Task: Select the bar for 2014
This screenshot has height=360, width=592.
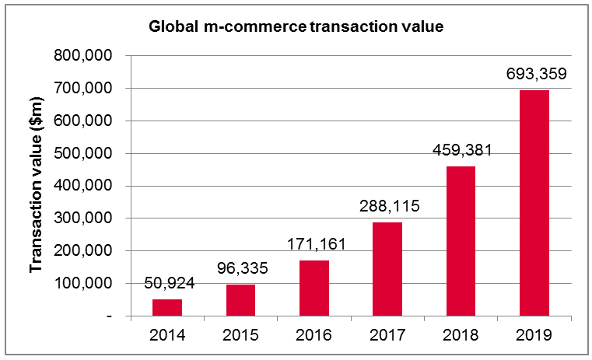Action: [x=167, y=308]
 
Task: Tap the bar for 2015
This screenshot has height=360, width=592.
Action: [x=240, y=300]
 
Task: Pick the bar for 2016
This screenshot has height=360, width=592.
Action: [x=314, y=288]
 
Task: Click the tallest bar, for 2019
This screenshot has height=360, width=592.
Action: [x=534, y=203]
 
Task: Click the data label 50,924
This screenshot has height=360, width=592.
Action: [x=167, y=283]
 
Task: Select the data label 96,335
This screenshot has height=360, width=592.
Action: [x=240, y=268]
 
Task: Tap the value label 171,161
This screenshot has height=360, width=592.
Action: [x=314, y=244]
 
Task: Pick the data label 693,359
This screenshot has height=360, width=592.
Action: [x=534, y=75]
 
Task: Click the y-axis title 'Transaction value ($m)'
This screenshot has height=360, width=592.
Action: [x=35, y=187]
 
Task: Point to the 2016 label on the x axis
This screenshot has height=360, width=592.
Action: [x=314, y=336]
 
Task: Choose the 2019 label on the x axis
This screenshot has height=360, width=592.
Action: [x=534, y=336]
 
